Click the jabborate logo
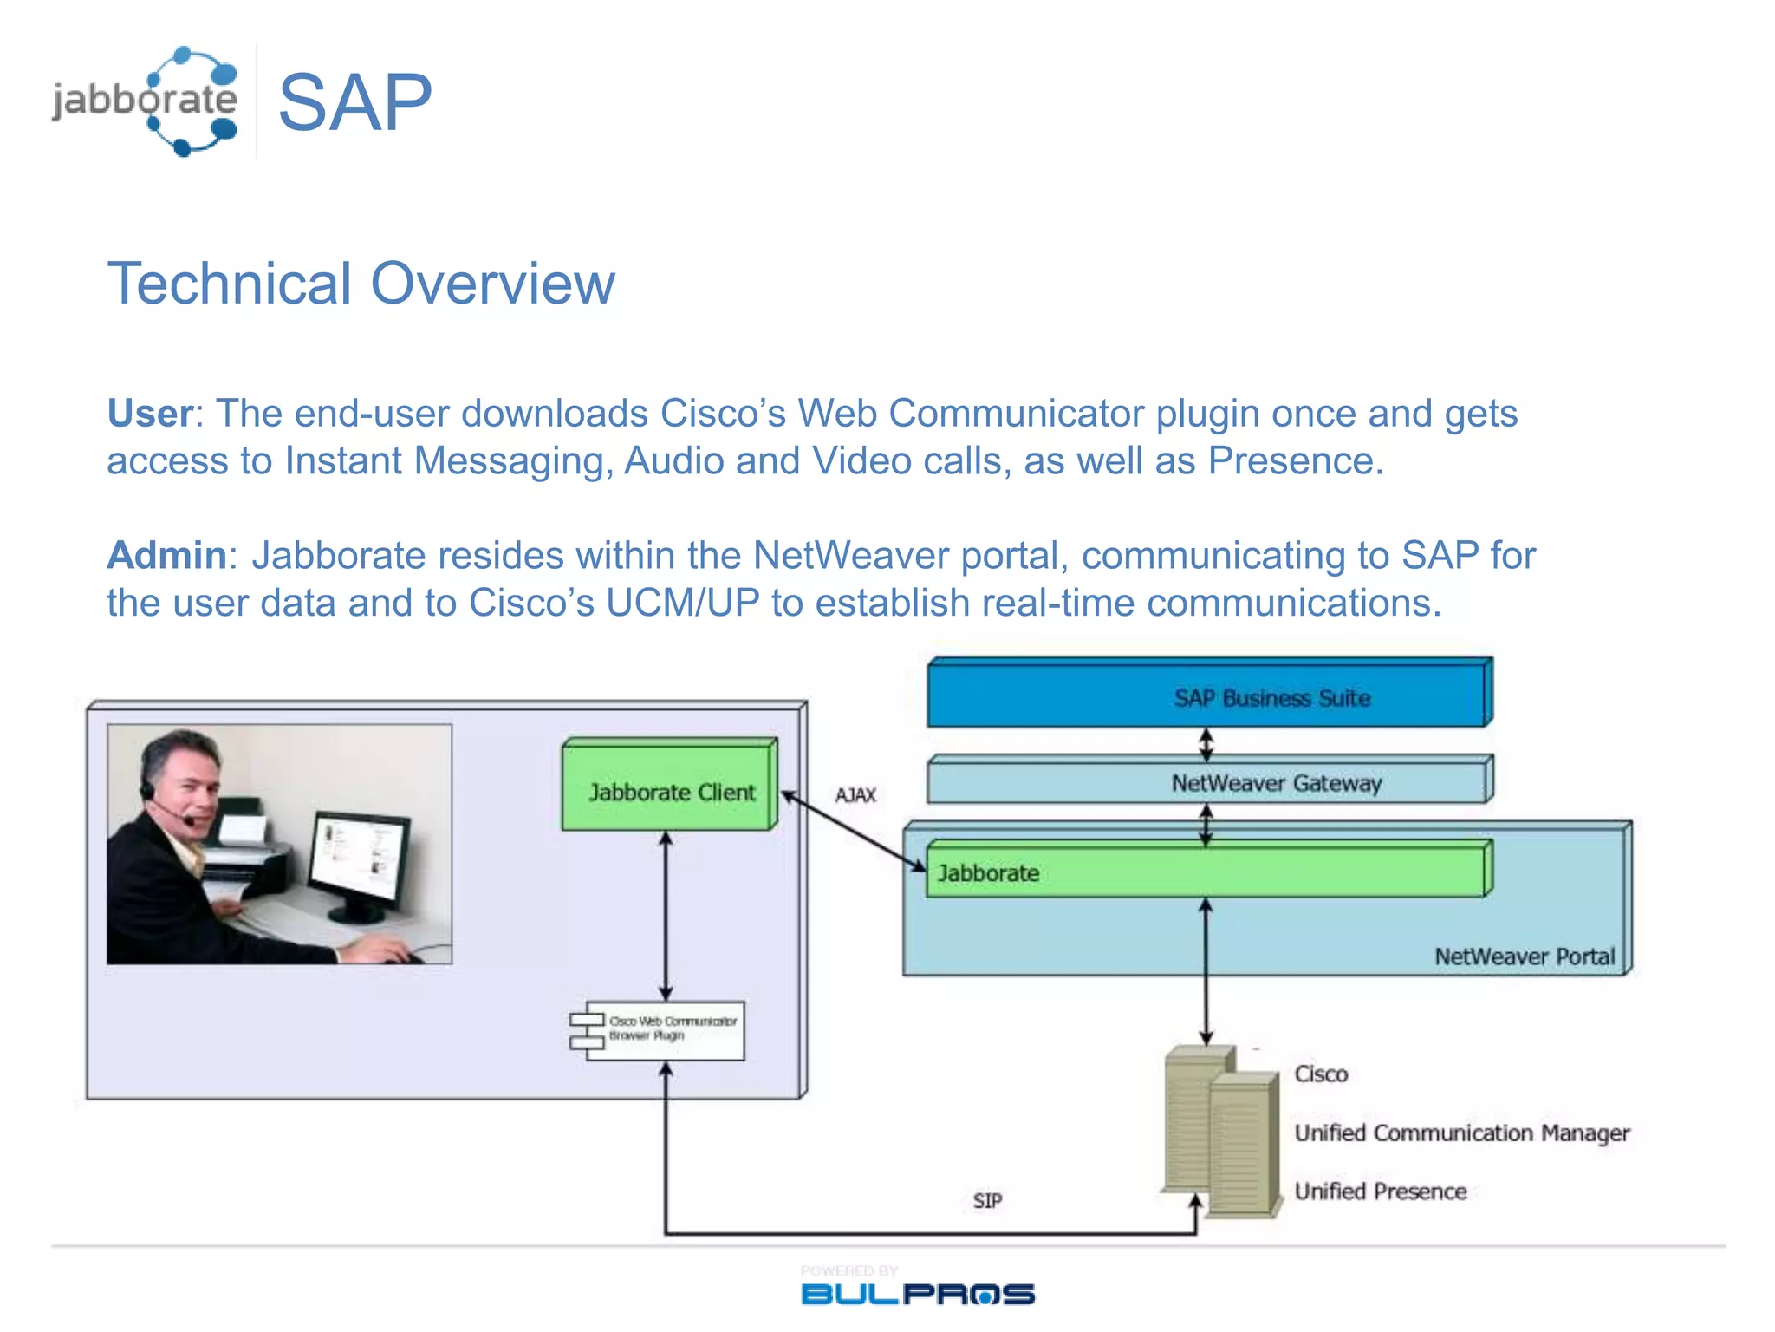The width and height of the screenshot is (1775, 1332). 146,101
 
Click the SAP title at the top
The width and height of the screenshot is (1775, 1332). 354,102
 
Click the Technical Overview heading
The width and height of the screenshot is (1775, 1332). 361,284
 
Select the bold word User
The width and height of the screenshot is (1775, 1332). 149,414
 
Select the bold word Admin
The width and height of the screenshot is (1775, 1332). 166,556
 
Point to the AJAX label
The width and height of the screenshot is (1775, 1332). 855,794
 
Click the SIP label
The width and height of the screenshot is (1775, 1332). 987,1200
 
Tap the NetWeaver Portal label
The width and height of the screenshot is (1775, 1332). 1525,957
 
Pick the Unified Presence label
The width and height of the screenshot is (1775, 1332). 1380,1192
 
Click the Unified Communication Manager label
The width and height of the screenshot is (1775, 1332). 1461,1133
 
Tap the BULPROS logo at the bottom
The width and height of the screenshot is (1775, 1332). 917,1293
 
